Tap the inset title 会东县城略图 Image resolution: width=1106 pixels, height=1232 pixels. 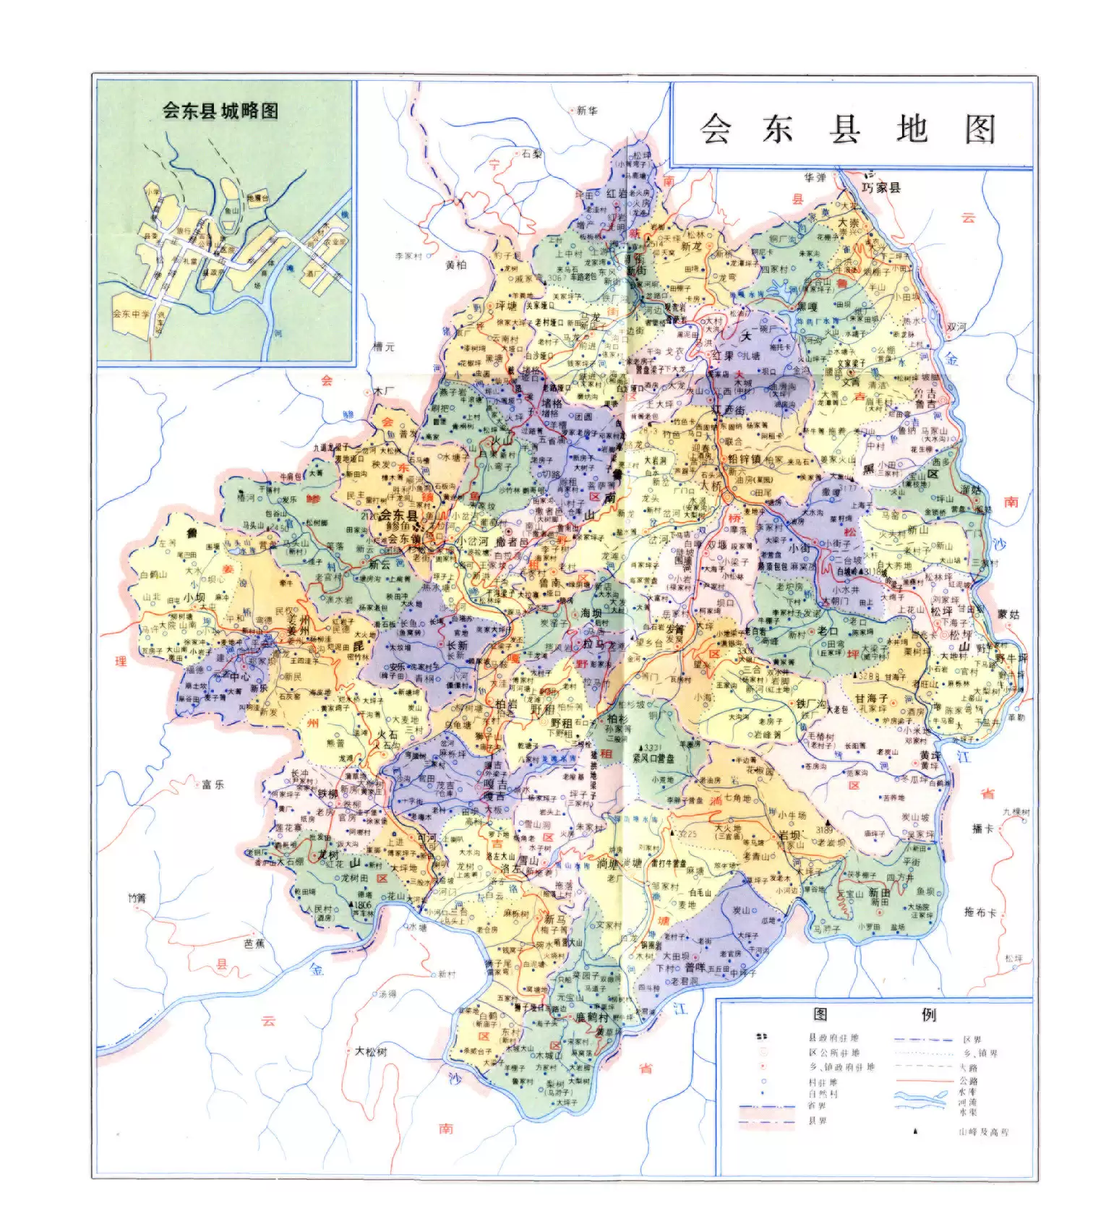pos(220,111)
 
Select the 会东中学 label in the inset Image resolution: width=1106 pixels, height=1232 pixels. pos(131,314)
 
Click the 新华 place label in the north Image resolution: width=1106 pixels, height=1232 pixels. pos(587,111)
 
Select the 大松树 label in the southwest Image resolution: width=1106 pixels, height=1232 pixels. pos(370,1051)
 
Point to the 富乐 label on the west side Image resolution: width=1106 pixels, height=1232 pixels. pos(213,784)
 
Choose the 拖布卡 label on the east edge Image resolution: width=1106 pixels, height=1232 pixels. pos(979,912)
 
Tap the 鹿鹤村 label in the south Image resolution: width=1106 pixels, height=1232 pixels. pos(593,1017)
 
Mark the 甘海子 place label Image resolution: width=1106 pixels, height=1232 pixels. pos(870,699)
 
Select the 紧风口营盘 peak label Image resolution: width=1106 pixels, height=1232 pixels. pos(653,757)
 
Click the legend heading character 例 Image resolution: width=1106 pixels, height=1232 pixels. pos(928,1014)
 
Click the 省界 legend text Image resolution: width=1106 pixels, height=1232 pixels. pos(817,1105)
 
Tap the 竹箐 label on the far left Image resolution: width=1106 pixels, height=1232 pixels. pos(137,898)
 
